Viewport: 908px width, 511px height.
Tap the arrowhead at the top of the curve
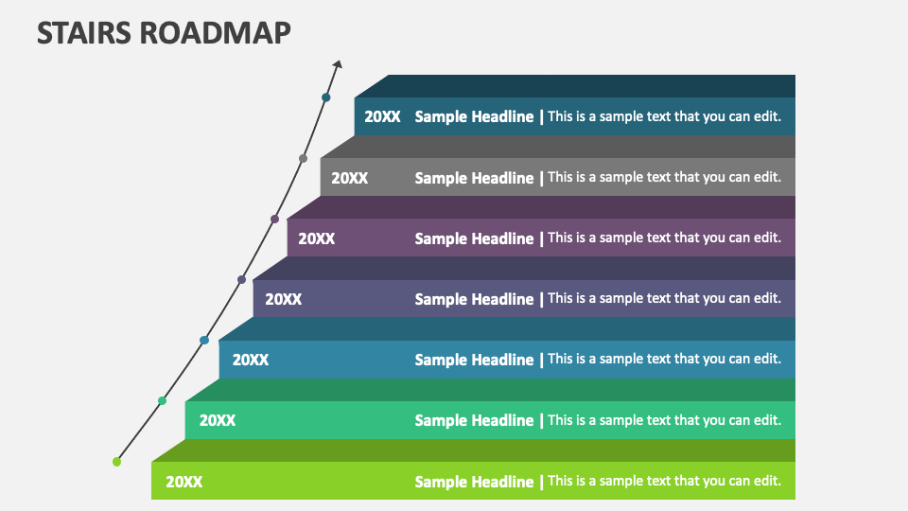(338, 64)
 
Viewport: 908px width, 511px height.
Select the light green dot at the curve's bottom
(117, 462)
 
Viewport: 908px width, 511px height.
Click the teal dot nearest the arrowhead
(326, 97)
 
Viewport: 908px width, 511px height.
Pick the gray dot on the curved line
(303, 158)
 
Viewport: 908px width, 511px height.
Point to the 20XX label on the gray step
(349, 178)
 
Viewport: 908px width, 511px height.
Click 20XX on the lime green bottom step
(183, 482)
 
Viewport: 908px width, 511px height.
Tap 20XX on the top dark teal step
(382, 117)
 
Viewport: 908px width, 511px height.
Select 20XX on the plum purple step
(316, 238)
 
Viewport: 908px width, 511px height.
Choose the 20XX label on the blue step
(250, 360)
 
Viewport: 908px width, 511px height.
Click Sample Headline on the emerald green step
(474, 420)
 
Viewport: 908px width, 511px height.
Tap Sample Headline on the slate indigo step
(474, 299)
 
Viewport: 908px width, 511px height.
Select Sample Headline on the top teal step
(474, 117)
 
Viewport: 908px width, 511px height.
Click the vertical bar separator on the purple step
(541, 238)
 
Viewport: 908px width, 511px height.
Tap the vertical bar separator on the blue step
(541, 360)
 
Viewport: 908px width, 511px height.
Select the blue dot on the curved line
(204, 340)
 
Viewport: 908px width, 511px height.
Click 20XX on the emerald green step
(217, 420)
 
